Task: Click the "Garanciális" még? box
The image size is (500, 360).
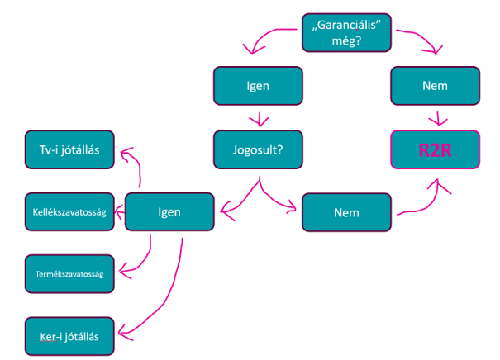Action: pyautogui.click(x=346, y=32)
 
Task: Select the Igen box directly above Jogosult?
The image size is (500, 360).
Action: pyautogui.click(x=258, y=86)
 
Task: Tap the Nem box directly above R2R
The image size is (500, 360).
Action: pyautogui.click(x=436, y=86)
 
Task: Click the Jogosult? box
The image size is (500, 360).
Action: pyautogui.click(x=258, y=149)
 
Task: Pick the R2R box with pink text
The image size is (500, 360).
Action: pyautogui.click(x=436, y=149)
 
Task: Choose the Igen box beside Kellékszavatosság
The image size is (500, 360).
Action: pyautogui.click(x=169, y=212)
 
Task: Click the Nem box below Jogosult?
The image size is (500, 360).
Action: pyautogui.click(x=346, y=212)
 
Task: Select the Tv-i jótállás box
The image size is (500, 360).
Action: pyautogui.click(x=69, y=149)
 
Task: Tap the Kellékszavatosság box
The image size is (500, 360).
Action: pyautogui.click(x=69, y=212)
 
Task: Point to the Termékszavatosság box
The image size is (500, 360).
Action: pyautogui.click(x=69, y=274)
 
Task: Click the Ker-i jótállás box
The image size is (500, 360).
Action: pyautogui.click(x=69, y=336)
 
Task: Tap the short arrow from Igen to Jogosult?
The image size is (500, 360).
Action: pyautogui.click(x=260, y=119)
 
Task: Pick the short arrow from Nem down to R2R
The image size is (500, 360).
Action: pyautogui.click(x=438, y=119)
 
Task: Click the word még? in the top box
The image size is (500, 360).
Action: pyautogui.click(x=346, y=40)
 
